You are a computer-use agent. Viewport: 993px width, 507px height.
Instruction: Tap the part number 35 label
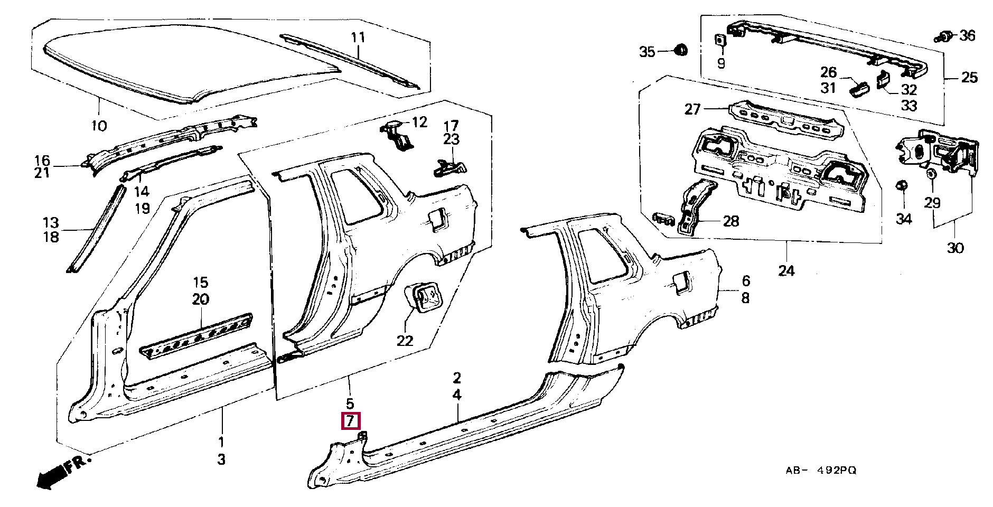coord(647,52)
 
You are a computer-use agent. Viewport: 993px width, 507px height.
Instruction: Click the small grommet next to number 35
coord(682,50)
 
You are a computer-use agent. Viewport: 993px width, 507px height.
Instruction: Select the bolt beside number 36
coord(944,36)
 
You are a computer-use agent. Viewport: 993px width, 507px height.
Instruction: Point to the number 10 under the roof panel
coord(99,126)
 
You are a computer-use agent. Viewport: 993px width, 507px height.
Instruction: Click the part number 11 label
coord(358,37)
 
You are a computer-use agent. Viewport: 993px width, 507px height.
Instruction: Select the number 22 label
coord(405,341)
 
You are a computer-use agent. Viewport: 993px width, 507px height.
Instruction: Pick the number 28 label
coord(731,221)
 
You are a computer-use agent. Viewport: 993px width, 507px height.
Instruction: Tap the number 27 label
coord(692,109)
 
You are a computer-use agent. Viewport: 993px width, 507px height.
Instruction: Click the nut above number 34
coord(903,185)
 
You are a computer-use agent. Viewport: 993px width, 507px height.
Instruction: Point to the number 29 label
coord(933,203)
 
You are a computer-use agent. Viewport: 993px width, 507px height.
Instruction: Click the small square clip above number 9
coord(720,40)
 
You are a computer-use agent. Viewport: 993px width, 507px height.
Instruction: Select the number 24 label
coord(786,271)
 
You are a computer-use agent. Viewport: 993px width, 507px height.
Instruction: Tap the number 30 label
coord(955,248)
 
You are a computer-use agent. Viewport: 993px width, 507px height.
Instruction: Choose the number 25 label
coord(969,78)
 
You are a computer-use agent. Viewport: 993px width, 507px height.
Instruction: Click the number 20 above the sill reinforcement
coord(201,299)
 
